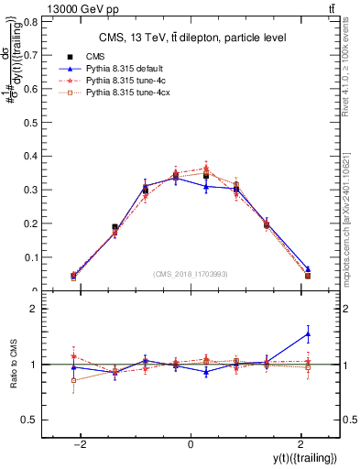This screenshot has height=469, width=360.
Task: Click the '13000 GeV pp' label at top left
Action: coord(41,8)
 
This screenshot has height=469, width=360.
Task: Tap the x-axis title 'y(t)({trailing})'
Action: coord(302,457)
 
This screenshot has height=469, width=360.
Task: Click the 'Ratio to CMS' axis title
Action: coord(13,365)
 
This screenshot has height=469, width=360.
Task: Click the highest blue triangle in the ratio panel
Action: coord(308,333)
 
